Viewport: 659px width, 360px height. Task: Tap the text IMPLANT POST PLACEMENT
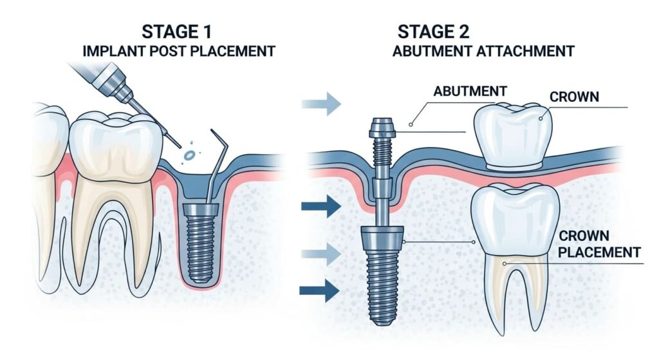click(178, 51)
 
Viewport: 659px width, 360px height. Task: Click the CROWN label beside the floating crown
click(574, 97)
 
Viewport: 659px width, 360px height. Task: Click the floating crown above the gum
click(513, 136)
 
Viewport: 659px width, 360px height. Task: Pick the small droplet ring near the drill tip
click(190, 155)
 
